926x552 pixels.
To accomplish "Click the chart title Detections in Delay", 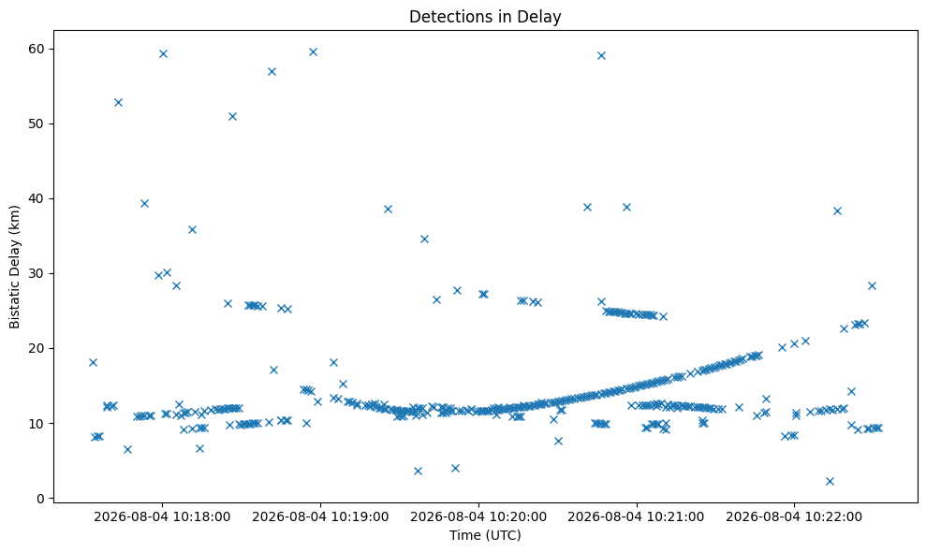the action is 485,17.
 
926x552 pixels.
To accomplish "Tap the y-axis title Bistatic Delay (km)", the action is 15,267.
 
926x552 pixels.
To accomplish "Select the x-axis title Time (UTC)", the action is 485,535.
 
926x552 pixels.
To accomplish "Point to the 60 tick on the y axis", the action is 37,49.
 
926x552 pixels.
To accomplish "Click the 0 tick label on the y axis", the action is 41,499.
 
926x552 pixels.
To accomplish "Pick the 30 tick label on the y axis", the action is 37,273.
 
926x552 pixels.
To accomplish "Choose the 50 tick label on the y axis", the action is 37,124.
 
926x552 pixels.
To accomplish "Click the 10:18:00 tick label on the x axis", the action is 162,517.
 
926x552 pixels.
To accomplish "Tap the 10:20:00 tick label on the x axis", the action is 478,517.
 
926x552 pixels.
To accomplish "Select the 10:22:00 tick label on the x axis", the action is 794,517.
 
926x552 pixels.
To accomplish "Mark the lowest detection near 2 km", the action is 830,481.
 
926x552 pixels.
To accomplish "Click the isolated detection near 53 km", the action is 118,102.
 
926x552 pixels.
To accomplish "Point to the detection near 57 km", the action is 272,71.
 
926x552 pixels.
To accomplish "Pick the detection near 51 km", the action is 232,116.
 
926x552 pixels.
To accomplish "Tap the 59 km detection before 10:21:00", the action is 601,55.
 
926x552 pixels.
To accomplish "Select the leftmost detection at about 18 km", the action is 93,362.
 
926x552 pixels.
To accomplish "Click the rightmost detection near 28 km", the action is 872,285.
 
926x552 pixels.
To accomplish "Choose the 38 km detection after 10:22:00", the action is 837,211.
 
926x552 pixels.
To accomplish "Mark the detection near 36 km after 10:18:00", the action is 192,229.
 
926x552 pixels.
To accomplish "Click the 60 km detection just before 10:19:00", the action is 313,52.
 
